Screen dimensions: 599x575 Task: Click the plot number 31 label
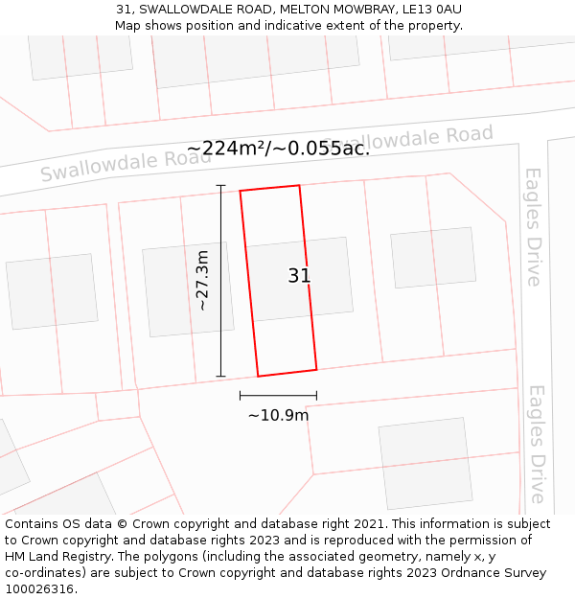[299, 276]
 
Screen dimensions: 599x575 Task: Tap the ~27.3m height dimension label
[201, 280]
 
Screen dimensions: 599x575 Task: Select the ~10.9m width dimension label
[278, 415]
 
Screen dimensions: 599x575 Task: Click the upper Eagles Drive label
[534, 226]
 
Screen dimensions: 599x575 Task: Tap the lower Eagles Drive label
[537, 444]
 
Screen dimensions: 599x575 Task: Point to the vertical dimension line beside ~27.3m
[221, 280]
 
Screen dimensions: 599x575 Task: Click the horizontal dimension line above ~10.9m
[278, 395]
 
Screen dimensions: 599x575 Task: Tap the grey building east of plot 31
[433, 257]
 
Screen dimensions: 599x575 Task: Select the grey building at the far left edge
[52, 291]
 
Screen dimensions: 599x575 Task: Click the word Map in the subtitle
[127, 25]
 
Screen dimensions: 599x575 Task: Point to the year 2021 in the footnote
[368, 524]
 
